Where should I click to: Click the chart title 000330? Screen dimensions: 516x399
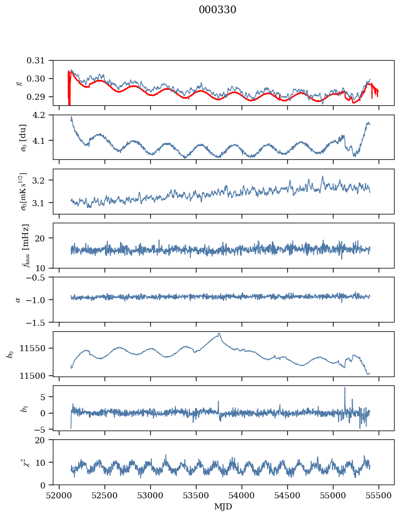[217, 10]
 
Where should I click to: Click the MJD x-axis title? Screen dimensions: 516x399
[223, 507]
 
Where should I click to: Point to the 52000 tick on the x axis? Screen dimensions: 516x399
[60, 496]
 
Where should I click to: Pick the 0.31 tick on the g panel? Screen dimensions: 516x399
[41, 61]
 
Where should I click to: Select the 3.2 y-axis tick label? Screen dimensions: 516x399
[43, 181]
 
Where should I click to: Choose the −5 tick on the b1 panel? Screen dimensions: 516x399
[44, 428]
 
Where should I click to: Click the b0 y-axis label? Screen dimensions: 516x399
[9, 353]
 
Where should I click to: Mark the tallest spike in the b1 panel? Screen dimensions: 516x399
[345, 388]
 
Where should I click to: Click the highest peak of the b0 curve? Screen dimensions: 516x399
[220, 334]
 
